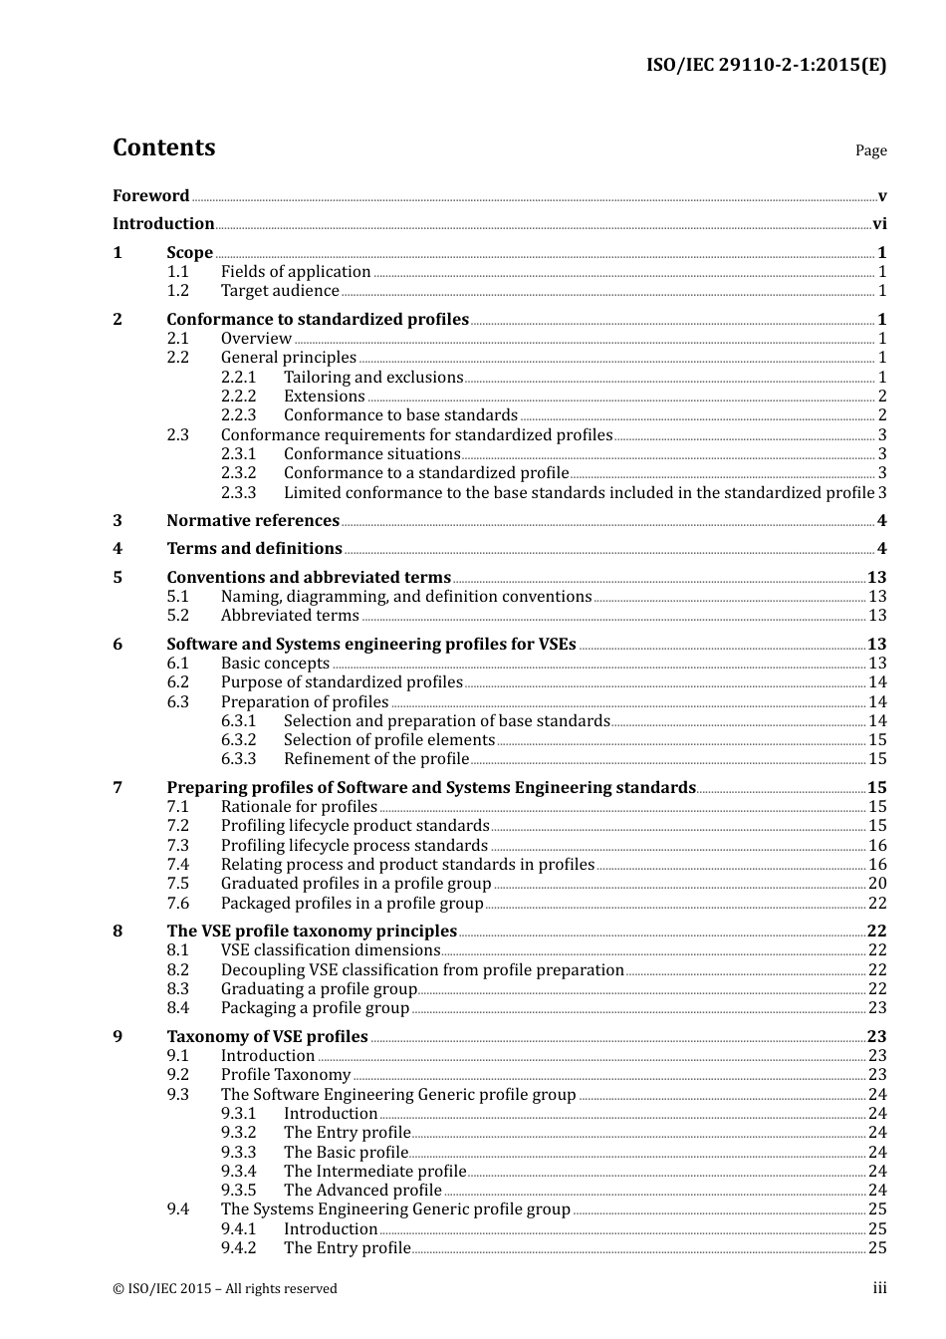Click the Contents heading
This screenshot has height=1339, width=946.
point(163,147)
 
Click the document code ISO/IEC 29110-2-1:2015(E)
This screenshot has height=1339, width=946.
point(766,66)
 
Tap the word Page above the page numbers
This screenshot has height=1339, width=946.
point(870,150)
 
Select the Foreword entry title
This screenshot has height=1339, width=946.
point(150,196)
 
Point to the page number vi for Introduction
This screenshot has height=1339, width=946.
point(879,224)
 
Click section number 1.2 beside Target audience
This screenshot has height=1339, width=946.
point(177,291)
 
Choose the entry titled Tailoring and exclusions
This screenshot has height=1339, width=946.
point(373,378)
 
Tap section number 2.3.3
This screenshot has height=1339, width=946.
point(238,493)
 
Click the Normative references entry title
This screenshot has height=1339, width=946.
point(253,521)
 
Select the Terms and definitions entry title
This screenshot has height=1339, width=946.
point(254,549)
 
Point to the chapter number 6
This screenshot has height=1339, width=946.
point(118,645)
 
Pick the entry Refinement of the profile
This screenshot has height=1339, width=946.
point(376,759)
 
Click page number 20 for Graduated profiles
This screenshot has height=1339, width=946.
point(877,884)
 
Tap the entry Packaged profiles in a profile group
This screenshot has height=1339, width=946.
point(352,904)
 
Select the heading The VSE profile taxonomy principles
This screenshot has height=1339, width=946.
point(312,932)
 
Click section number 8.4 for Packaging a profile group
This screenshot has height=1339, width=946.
point(177,1008)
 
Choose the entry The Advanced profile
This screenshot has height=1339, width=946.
point(362,1191)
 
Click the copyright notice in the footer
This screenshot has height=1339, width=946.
point(225,1289)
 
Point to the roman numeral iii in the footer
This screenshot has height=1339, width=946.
point(880,1289)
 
